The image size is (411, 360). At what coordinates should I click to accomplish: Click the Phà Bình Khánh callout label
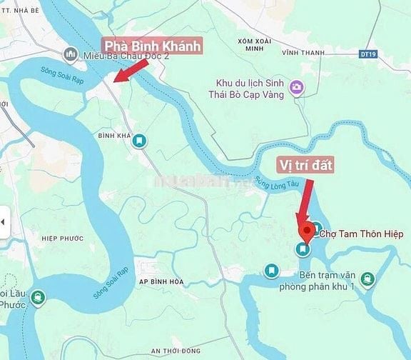pos(152,47)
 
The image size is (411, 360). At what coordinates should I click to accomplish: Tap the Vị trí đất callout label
pos(305,164)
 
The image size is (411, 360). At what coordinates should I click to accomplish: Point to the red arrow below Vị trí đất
pos(305,204)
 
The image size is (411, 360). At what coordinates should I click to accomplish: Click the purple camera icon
pos(295,88)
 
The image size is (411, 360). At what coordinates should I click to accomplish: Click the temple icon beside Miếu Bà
pos(71,55)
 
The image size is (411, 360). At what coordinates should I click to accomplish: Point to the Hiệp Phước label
pos(63,239)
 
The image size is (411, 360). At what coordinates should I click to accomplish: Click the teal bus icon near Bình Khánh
pos(140,141)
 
